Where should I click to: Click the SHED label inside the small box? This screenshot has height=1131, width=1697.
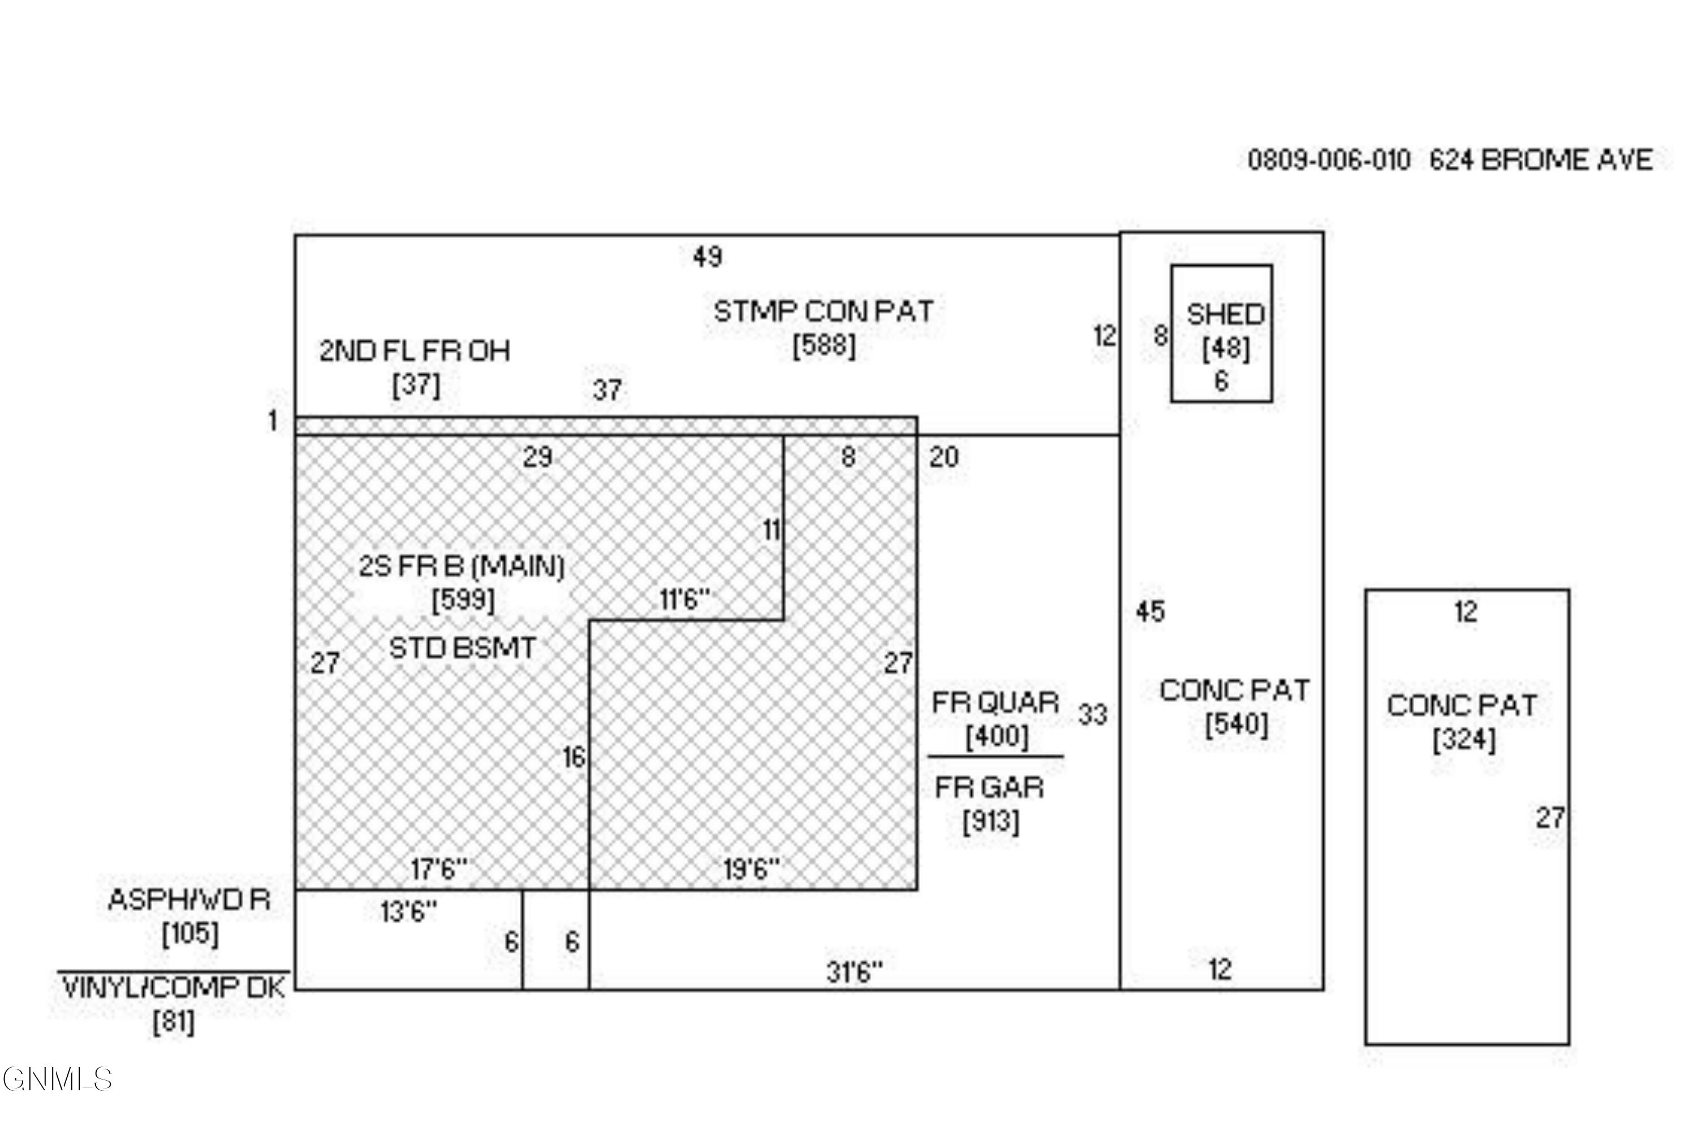[1225, 314]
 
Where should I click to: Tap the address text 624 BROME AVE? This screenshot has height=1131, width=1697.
[1540, 159]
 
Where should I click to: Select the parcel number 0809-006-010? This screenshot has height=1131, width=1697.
[1328, 160]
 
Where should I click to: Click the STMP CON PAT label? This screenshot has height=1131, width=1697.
[823, 312]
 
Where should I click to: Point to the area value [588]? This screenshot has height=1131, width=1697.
[824, 346]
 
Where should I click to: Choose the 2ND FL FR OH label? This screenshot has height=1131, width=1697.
[415, 351]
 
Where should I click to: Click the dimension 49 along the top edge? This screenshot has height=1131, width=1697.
[707, 256]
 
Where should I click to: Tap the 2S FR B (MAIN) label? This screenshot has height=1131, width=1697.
[462, 566]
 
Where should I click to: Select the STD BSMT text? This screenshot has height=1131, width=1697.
[463, 647]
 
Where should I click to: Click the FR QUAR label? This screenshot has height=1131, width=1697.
[995, 702]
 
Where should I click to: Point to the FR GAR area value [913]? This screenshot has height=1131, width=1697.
[990, 821]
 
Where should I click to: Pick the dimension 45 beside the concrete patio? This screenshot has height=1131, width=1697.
[1150, 612]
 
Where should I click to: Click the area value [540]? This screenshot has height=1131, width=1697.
[1236, 724]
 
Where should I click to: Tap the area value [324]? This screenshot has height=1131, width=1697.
[1463, 739]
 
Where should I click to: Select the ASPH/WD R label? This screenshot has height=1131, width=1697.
[189, 900]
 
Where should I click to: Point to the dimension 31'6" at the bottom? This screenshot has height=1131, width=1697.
[854, 972]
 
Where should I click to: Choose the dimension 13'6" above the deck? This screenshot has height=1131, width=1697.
[408, 912]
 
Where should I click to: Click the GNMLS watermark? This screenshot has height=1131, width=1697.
[58, 1079]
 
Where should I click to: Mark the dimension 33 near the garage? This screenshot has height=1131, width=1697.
[1092, 714]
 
